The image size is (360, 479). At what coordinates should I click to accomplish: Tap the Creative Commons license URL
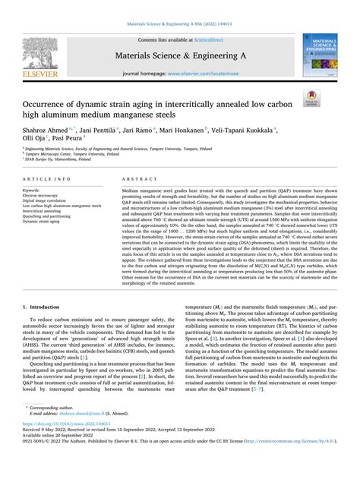tap(283, 467)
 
